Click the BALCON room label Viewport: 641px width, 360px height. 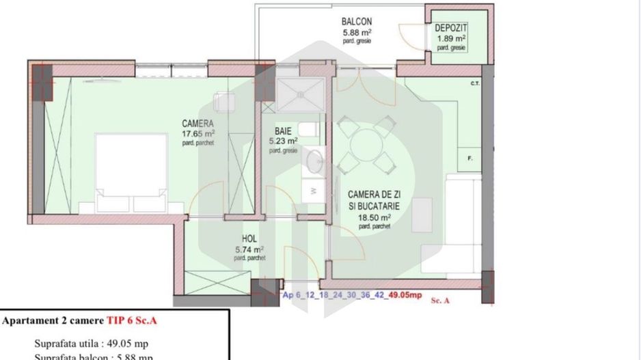point(357,21)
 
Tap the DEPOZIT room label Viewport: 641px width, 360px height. point(450,27)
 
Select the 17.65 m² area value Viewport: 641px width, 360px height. point(198,134)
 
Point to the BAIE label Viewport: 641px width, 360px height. point(284,130)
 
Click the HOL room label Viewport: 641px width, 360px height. point(249,239)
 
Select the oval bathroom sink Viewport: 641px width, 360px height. point(315,161)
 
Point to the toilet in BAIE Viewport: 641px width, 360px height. point(308,128)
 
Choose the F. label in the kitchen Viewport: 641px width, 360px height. point(471,159)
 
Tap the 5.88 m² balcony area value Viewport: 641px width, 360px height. point(357,31)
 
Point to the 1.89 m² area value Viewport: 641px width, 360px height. point(451,38)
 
